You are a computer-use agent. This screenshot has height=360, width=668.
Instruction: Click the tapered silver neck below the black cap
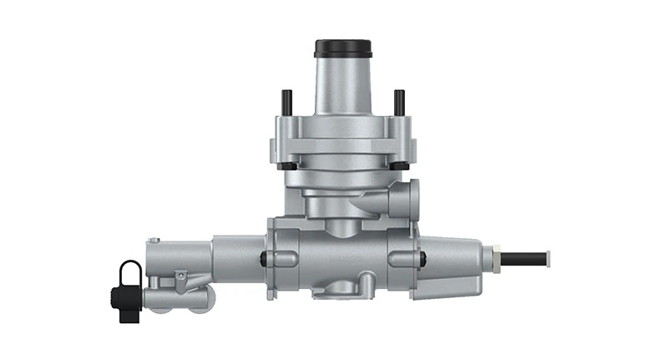point(342,88)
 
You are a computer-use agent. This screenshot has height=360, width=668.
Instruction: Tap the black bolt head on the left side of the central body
point(265,259)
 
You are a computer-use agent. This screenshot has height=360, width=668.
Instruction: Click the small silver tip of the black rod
point(550,256)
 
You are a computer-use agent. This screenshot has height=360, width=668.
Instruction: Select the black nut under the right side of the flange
point(397,165)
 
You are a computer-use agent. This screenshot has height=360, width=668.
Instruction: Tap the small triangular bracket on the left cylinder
point(180,274)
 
